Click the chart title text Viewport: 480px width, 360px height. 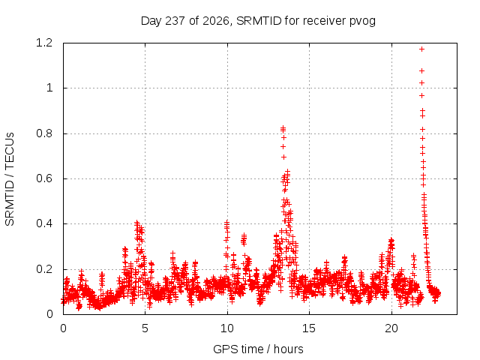(x=258, y=21)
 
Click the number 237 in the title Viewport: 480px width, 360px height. (x=175, y=21)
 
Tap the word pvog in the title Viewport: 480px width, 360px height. (x=363, y=22)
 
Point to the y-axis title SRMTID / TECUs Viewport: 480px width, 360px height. (x=10, y=179)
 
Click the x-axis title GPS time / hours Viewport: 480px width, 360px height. (x=258, y=349)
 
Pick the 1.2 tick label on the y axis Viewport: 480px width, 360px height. (x=44, y=43)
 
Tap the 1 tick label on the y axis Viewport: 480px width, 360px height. (x=49, y=88)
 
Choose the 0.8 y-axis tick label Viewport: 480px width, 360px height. (x=44, y=133)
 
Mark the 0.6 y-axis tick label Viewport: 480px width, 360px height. (x=44, y=178)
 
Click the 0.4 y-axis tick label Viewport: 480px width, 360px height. (x=44, y=223)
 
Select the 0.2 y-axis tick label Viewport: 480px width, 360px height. (x=44, y=269)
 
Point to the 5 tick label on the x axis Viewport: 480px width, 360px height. (x=145, y=328)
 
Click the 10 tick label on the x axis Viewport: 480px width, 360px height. (x=227, y=328)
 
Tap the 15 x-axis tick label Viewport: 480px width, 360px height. (x=309, y=328)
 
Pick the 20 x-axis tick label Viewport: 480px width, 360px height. (x=391, y=328)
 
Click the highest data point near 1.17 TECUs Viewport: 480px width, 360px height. (x=421, y=49)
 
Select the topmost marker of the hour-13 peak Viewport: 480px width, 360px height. (x=283, y=127)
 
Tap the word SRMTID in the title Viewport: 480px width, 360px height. (x=259, y=21)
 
